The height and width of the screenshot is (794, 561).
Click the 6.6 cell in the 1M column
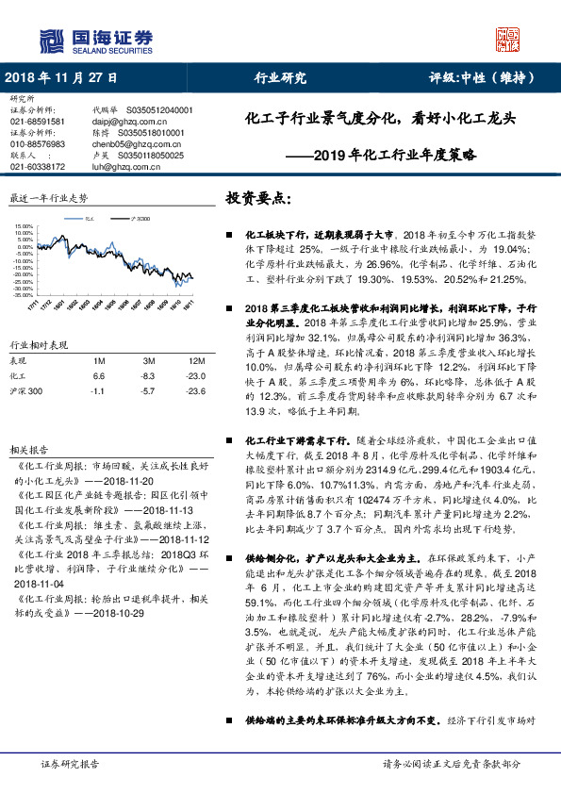coord(100,374)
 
